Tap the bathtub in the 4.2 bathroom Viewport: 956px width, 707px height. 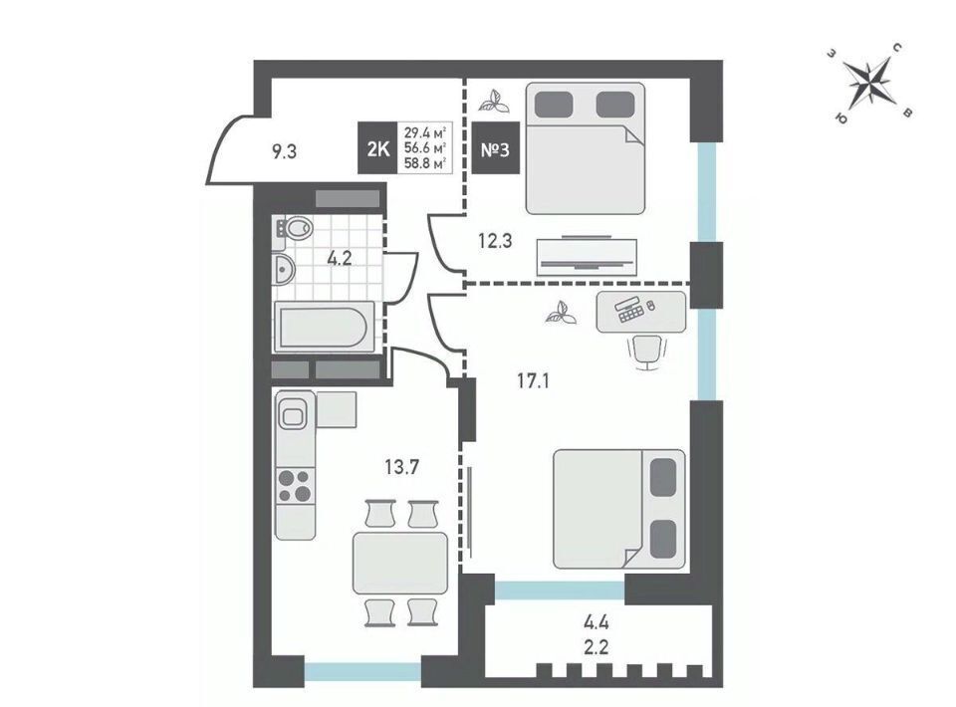tap(324, 327)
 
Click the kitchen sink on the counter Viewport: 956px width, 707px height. tap(295, 416)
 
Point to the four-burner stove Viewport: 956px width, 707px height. tap(295, 486)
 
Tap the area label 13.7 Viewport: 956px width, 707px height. tap(401, 467)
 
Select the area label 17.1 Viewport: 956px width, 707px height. tap(533, 381)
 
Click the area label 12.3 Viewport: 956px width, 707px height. tap(495, 241)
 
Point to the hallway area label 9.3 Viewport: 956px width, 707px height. tap(284, 151)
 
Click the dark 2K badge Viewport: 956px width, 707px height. tap(378, 148)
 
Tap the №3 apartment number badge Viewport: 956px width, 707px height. tap(496, 148)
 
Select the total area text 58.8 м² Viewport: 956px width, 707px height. tap(425, 162)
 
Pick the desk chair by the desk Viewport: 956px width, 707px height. tap(647, 352)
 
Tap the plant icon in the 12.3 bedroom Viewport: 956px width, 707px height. tap(494, 102)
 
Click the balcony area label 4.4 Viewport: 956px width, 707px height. tap(596, 623)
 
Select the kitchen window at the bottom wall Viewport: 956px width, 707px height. tap(362, 671)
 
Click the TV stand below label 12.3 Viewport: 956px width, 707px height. tap(587, 257)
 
